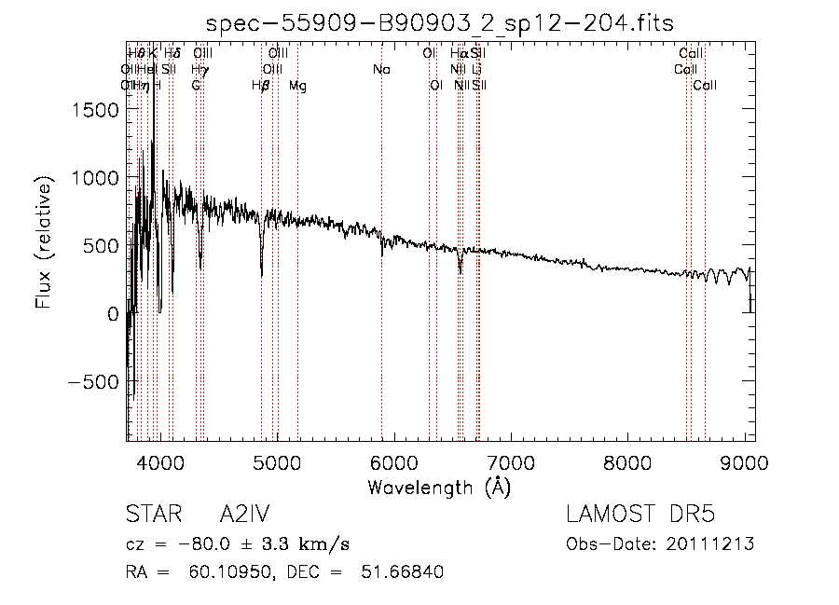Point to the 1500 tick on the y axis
tap(97, 110)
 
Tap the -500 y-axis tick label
tap(91, 382)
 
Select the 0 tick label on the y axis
tap(112, 314)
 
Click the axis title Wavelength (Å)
tap(439, 487)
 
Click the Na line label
tap(380, 70)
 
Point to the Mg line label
tap(297, 86)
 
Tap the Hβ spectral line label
tap(261, 86)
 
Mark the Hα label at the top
tap(459, 54)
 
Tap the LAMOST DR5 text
tap(640, 515)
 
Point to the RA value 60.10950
tap(221, 572)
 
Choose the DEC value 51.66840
tap(402, 572)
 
